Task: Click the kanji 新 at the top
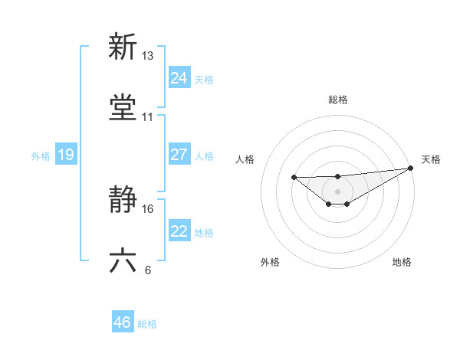coord(123,47)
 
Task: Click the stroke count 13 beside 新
coord(148,56)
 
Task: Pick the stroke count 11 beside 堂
coord(148,117)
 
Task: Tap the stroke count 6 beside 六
coord(148,270)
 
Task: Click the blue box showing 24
coord(179,77)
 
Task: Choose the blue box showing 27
coord(179,155)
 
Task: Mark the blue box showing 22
coord(179,231)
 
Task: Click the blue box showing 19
coord(66,155)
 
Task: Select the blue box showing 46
coord(123,322)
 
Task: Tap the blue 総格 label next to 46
coord(147,324)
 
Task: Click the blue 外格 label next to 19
coord(41,156)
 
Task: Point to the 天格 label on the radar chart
coord(431,159)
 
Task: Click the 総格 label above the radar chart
coord(338,100)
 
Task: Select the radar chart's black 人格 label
coord(245,159)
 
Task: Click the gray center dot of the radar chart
coord(337,191)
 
